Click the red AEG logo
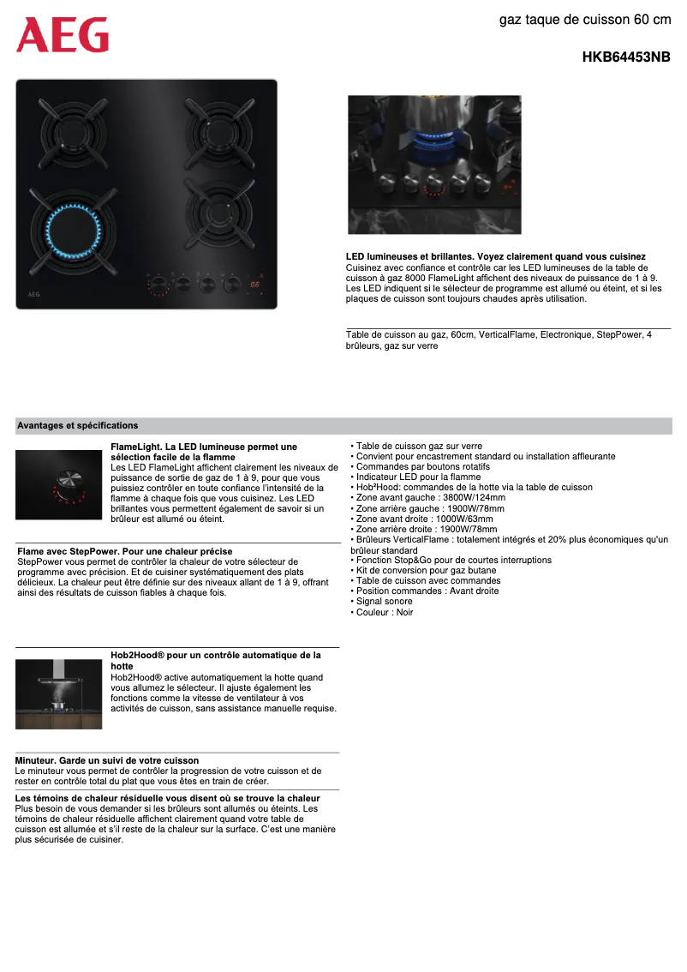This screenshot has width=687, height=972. (x=63, y=35)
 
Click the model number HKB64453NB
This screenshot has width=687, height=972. (x=626, y=57)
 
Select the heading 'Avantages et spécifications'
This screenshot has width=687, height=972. (x=77, y=425)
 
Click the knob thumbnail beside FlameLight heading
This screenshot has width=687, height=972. (x=58, y=484)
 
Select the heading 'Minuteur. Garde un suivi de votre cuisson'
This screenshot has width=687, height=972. (x=107, y=760)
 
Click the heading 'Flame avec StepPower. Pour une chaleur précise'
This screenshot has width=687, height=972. (x=124, y=551)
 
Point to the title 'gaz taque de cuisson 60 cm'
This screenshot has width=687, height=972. (x=585, y=19)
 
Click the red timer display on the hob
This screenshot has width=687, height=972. (x=255, y=285)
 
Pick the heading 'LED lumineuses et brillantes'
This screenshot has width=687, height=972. (x=495, y=257)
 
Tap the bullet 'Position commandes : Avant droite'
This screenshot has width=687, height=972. (x=427, y=591)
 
